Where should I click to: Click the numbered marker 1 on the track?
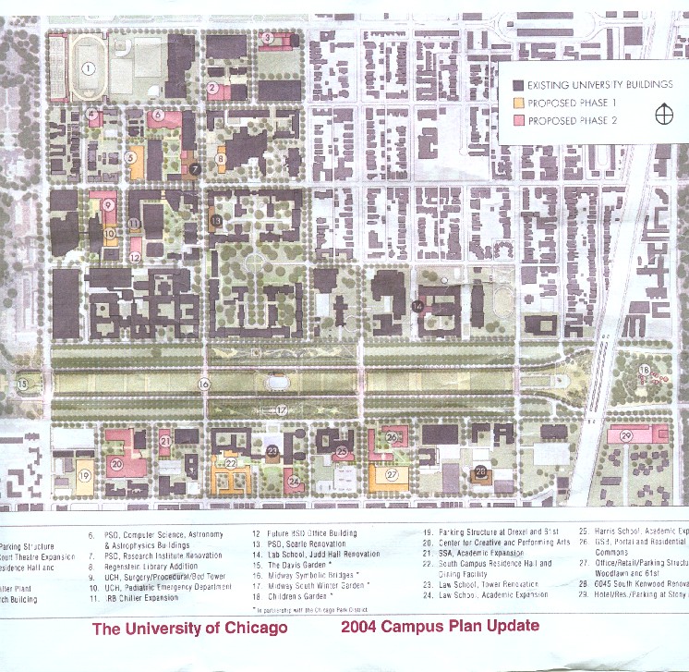coord(89,67)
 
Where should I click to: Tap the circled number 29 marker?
coord(625,435)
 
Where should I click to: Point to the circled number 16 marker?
coord(204,384)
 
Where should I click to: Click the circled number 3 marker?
coord(267,38)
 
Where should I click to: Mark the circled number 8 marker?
coord(221,159)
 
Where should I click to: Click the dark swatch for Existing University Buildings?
coord(519,85)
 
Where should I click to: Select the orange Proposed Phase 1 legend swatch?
coord(519,102)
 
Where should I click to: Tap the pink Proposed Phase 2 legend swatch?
coord(519,119)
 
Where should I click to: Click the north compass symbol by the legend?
coord(662,115)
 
